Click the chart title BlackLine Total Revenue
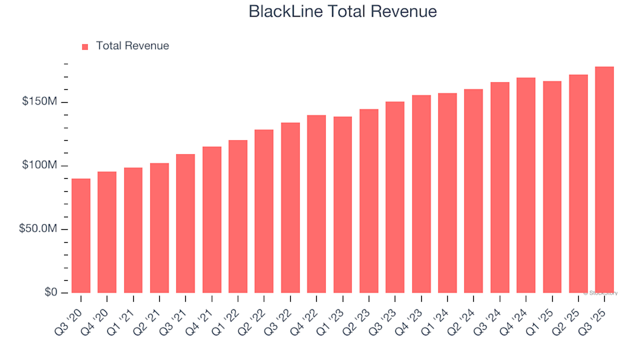tap(343, 11)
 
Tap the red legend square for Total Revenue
tap(85, 47)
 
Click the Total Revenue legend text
tap(132, 46)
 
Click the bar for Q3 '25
tap(605, 180)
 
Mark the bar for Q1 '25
tap(552, 187)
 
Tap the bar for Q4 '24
tap(526, 185)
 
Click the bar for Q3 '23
tap(395, 197)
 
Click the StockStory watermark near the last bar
tap(600, 293)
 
